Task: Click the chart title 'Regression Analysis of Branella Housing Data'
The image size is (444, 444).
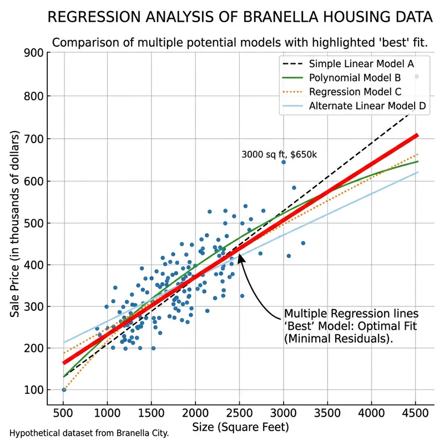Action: [x=240, y=18]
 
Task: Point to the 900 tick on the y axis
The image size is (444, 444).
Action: [x=33, y=54]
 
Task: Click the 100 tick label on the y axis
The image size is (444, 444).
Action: [x=33, y=390]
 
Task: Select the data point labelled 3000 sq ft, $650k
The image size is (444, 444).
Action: [x=284, y=162]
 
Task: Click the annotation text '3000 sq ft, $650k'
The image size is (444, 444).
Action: [x=279, y=155]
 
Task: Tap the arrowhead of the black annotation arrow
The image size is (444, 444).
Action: [x=241, y=256]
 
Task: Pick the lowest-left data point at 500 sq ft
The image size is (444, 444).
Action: [x=64, y=390]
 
